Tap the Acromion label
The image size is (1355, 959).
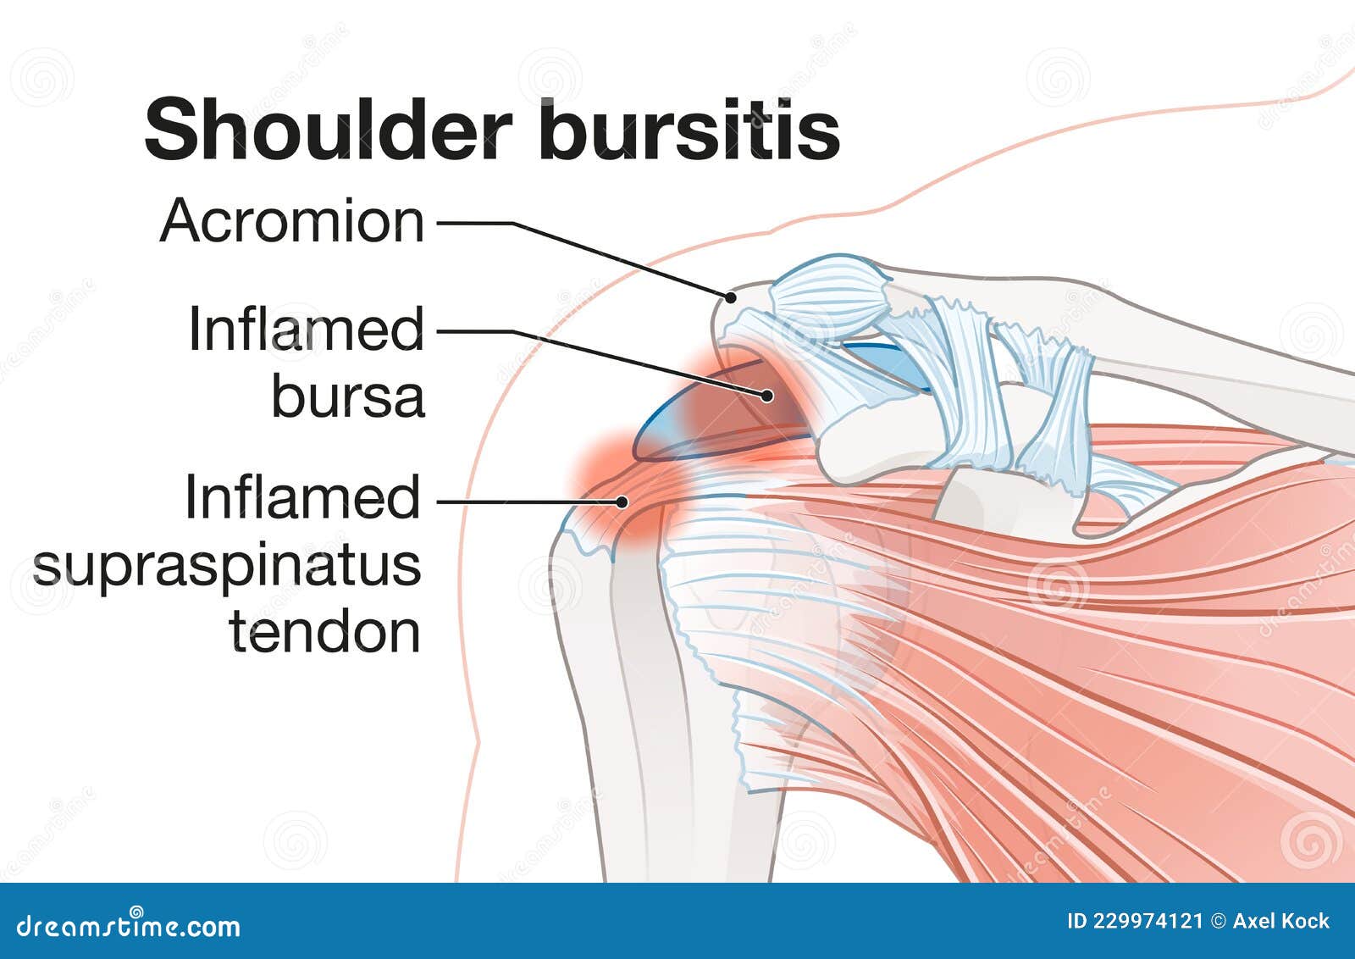[x=292, y=222]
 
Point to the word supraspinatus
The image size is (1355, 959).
[x=227, y=566]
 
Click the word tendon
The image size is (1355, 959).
[x=325, y=632]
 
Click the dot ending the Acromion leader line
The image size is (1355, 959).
[x=729, y=297]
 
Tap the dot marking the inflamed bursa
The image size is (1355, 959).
[x=767, y=395]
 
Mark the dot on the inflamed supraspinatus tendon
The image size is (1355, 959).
[x=622, y=502]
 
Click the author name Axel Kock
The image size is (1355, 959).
[x=1280, y=922]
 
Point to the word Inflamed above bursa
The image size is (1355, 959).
[x=306, y=330]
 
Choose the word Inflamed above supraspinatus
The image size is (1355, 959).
[x=302, y=497]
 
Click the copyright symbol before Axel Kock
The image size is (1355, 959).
[x=1219, y=922]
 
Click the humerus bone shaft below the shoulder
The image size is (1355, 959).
[x=627, y=720]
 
